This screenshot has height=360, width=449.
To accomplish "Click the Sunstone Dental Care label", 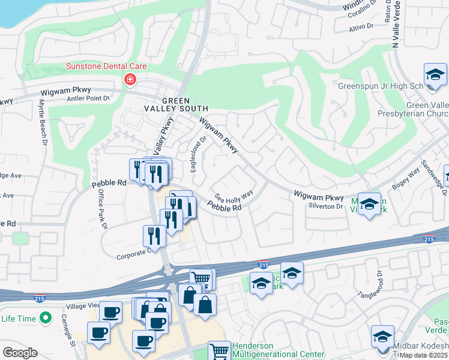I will click(106, 67).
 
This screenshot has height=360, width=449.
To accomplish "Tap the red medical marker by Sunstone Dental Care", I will click(129, 80).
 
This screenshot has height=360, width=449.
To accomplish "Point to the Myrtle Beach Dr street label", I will click(43, 122).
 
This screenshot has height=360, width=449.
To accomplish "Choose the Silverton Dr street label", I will click(327, 206).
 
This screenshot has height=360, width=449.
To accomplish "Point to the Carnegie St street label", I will click(72, 334).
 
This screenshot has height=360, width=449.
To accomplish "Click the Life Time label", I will click(19, 319).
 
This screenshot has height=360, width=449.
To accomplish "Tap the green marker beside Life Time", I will click(44, 318).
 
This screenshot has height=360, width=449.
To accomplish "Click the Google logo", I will click(20, 353).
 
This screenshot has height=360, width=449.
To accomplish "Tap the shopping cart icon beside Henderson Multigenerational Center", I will click(219, 351).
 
